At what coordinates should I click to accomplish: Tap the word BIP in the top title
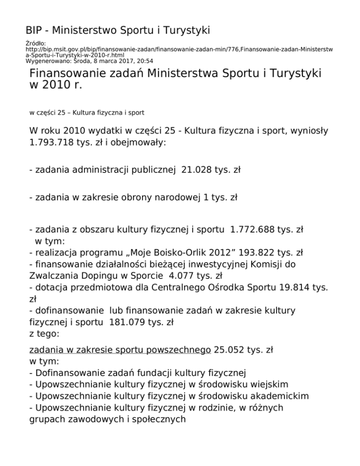[35, 31]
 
